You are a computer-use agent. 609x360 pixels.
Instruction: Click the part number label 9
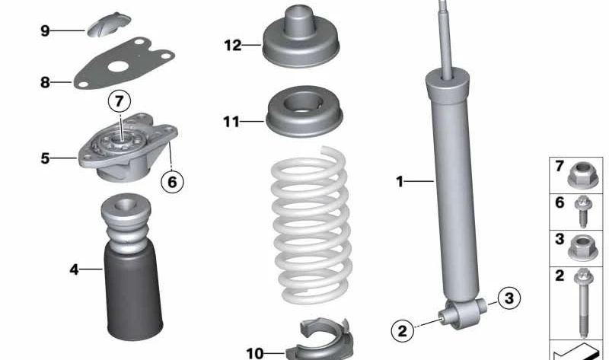(x=45, y=30)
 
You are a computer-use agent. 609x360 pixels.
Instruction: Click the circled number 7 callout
(x=118, y=100)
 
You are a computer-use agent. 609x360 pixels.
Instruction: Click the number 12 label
(x=232, y=46)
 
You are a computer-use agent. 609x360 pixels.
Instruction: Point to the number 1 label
(x=398, y=181)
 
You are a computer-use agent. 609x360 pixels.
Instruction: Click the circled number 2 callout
(x=402, y=330)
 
